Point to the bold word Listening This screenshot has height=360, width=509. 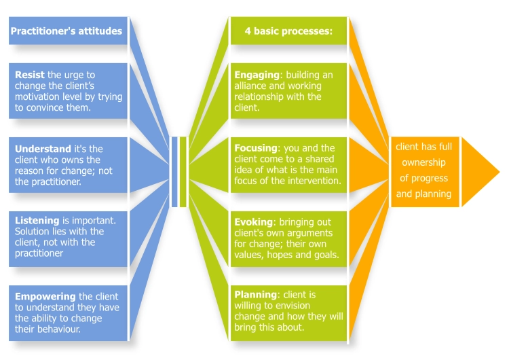[38, 221]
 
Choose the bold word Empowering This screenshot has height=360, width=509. [45, 296]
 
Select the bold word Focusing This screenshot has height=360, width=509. [256, 148]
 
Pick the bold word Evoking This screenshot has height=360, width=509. [254, 221]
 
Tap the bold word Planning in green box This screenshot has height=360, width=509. [255, 295]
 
